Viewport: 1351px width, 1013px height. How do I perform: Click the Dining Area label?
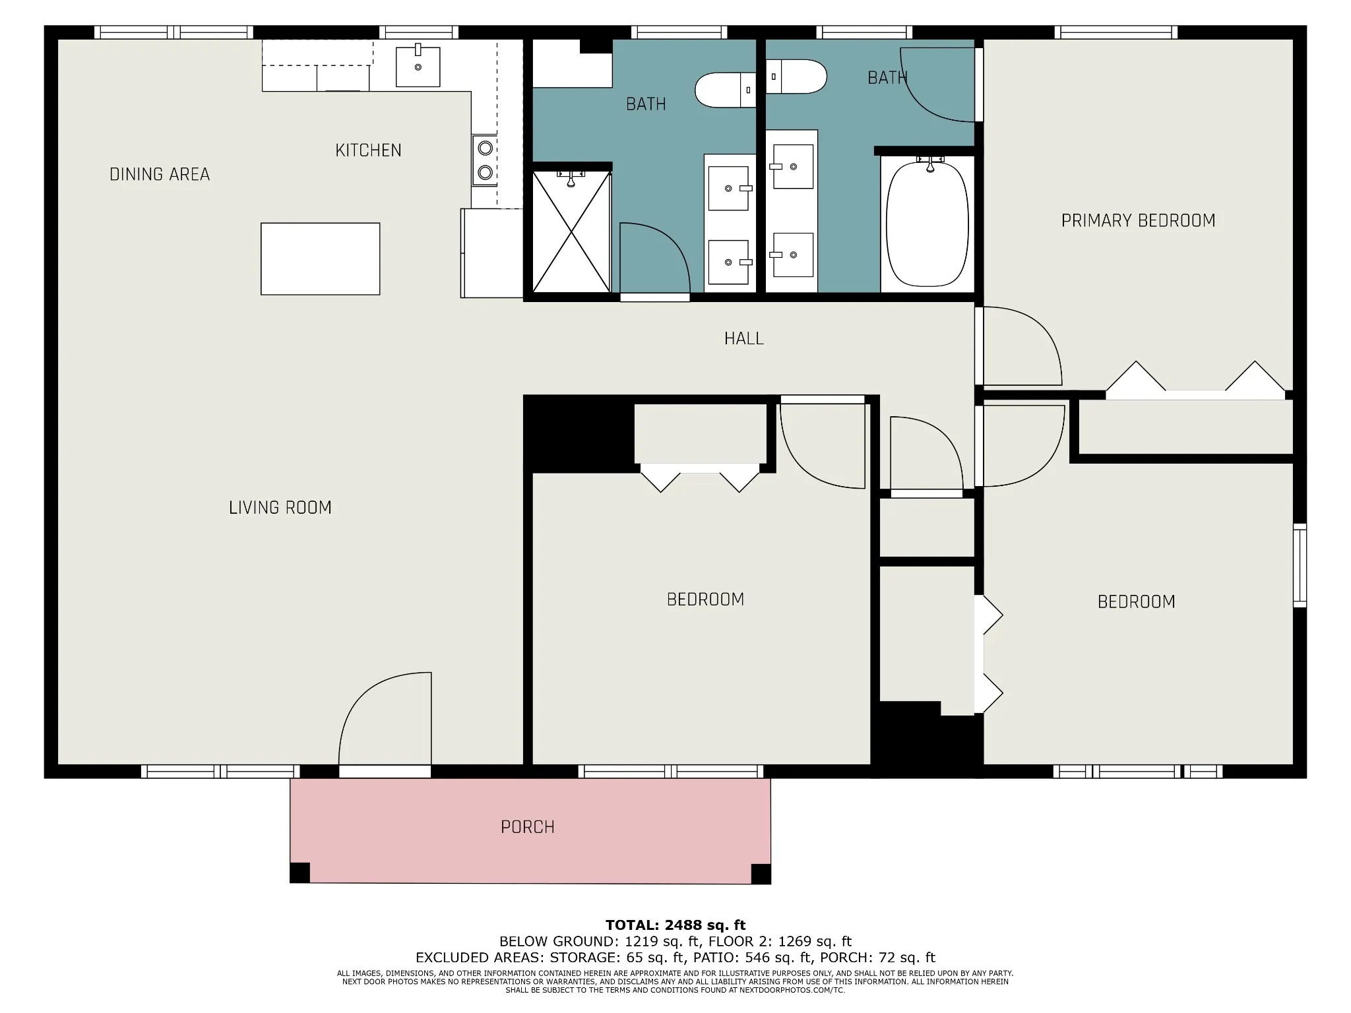160,174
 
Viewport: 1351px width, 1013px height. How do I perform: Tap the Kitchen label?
368,150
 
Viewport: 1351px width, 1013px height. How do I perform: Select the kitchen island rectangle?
320,259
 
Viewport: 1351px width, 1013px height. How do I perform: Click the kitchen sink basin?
418,67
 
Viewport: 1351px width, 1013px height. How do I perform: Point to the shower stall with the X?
571,231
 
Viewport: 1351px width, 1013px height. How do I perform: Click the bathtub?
927,224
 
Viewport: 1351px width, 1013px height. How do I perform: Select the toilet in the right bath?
796,77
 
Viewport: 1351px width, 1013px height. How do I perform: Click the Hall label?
744,338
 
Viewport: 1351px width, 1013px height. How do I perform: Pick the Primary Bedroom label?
1138,220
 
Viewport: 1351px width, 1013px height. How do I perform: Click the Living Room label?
280,507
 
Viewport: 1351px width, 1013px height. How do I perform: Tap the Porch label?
528,827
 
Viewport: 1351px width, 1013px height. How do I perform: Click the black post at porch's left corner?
300,873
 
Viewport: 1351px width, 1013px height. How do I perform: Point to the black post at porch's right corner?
761,874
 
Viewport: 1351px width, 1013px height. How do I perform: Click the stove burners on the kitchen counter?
485,160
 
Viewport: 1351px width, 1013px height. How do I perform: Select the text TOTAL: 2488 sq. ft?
675,925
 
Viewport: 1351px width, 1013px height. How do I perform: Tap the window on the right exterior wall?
1300,565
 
